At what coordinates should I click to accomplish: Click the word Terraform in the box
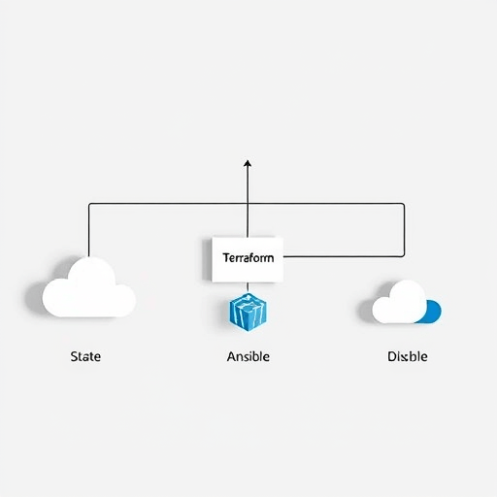coord(248,258)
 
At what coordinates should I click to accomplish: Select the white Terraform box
coord(248,260)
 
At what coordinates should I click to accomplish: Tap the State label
coord(85,356)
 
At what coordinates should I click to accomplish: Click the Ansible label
coord(248,356)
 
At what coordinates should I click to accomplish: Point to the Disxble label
coord(408,356)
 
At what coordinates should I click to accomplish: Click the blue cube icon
coord(248,313)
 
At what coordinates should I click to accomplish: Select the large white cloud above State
coord(89,287)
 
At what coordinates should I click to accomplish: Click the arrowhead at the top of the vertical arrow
coord(248,163)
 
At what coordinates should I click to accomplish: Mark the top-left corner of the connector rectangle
coord(89,204)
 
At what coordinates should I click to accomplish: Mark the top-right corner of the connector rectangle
coord(404,204)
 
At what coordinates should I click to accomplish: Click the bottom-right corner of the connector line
coord(404,256)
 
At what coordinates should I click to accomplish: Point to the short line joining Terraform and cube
coord(248,287)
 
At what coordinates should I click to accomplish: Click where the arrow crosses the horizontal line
coord(248,204)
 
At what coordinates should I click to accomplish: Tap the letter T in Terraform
coord(226,258)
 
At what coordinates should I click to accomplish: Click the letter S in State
coord(74,356)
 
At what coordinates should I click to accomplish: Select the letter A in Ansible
coord(231,356)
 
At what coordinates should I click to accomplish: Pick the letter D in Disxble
coord(392,356)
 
